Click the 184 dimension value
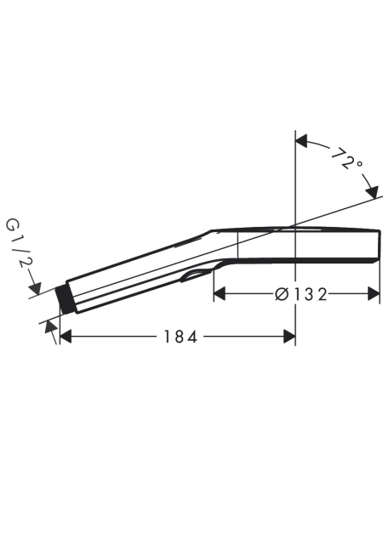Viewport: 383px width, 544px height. [180, 337]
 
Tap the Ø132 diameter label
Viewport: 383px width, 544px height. [300, 295]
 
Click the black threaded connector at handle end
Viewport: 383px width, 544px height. [65, 299]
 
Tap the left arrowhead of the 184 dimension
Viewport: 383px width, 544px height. [66, 337]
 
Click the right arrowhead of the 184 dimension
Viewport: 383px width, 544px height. [289, 337]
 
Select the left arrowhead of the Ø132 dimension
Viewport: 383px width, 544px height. [220, 294]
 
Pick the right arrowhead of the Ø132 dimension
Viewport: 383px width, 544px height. [374, 294]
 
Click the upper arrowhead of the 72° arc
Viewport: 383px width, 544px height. [301, 141]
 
